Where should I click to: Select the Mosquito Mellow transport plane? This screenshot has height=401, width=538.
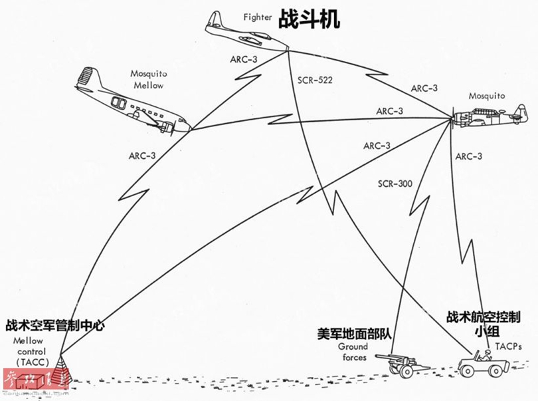(133, 103)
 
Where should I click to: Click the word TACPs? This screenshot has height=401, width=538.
(508, 346)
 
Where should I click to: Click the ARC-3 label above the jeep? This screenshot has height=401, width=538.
(470, 157)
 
